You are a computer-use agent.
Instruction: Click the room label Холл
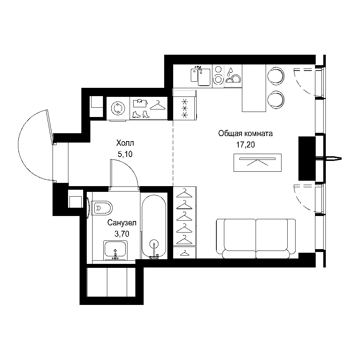[x=125, y=143]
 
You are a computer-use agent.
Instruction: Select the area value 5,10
[x=125, y=154]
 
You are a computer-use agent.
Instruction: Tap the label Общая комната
[x=246, y=134]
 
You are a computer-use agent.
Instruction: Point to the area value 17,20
[x=246, y=145]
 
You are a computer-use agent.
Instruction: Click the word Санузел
[x=122, y=222]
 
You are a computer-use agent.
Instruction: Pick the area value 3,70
[x=122, y=234]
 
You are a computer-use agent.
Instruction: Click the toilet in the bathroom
[x=102, y=208]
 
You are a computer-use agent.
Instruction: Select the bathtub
[x=154, y=227]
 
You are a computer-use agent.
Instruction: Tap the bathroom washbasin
[x=115, y=250]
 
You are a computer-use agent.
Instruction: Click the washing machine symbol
[x=118, y=108]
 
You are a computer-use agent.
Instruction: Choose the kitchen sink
[x=201, y=76]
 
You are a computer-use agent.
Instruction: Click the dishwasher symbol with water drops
[x=233, y=76]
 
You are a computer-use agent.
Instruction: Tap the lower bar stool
[x=276, y=99]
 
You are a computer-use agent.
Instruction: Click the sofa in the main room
[x=256, y=239]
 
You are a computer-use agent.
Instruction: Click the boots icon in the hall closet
[x=140, y=114]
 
